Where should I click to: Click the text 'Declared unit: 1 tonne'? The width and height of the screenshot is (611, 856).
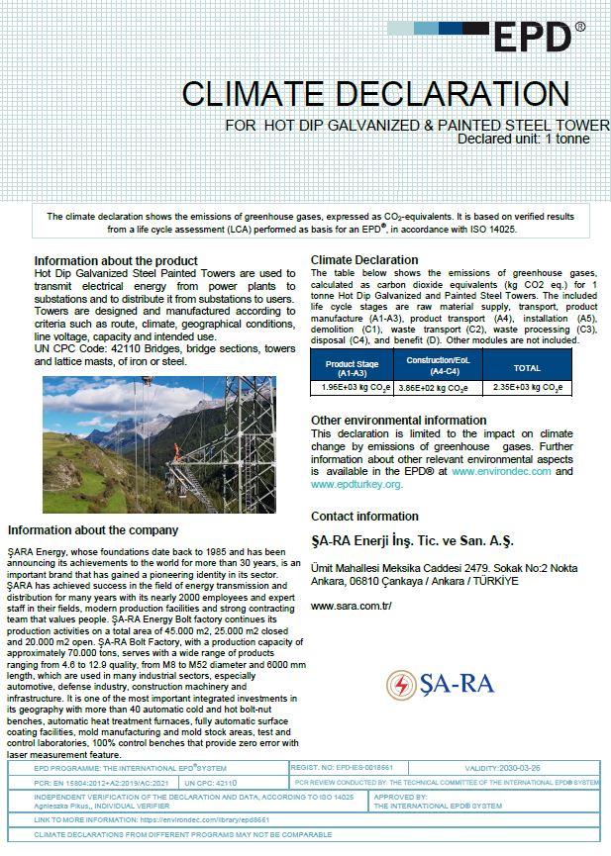click(523, 139)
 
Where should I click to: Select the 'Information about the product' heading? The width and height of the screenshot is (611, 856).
click(115, 261)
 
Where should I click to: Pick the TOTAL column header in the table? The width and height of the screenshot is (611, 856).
click(527, 368)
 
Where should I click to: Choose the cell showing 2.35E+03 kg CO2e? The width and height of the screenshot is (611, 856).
click(527, 388)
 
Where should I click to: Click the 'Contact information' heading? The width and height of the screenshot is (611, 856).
click(364, 517)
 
